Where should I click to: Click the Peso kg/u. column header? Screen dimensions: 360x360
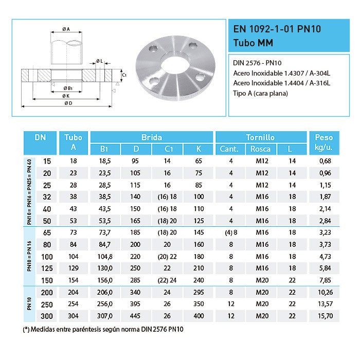[x=323, y=143]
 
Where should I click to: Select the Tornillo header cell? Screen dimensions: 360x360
[x=260, y=137]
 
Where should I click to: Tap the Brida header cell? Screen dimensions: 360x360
[x=151, y=137]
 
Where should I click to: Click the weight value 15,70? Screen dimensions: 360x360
[x=323, y=315]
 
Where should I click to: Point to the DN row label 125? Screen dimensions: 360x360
[x=47, y=268]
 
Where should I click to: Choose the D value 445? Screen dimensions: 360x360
[x=136, y=315]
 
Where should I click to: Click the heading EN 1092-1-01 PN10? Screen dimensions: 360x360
[x=277, y=29]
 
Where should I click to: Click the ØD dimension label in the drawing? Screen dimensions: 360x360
[x=68, y=103]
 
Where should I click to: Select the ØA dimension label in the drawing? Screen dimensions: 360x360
[x=66, y=29]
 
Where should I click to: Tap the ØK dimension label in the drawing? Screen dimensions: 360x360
[x=67, y=96]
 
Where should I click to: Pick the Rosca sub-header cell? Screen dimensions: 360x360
[x=260, y=150]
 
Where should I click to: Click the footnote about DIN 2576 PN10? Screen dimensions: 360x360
[x=103, y=329]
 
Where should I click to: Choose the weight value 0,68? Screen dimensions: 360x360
[x=323, y=161]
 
